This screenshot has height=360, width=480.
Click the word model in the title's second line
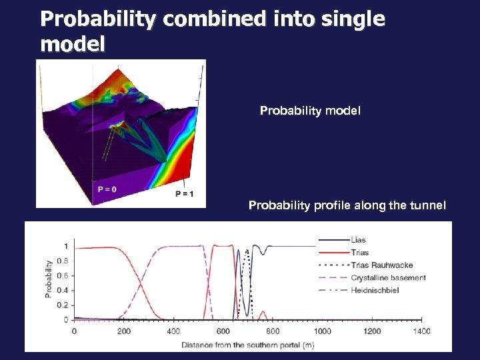coord(73,45)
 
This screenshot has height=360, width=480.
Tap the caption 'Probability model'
coord(310,111)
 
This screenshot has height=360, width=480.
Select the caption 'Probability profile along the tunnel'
coord(347,205)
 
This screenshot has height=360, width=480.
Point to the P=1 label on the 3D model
coord(185,194)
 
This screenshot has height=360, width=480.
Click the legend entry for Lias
coord(357,240)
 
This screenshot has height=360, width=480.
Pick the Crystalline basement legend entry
coord(387,277)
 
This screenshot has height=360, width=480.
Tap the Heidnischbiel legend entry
coord(375,290)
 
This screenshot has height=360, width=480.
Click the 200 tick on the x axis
coord(123,331)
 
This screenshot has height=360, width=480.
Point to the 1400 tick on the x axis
coord(421,331)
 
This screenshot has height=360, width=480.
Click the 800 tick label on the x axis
coord(273,331)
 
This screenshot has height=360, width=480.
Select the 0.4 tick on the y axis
coord(62,290)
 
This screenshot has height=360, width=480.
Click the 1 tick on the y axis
coord(65,247)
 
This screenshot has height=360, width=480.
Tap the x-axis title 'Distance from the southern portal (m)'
coord(247,345)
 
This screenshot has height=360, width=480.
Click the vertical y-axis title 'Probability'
coord(49,278)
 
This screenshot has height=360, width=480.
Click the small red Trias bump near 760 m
coord(263,312)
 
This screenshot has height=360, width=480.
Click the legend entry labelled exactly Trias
coord(358,253)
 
